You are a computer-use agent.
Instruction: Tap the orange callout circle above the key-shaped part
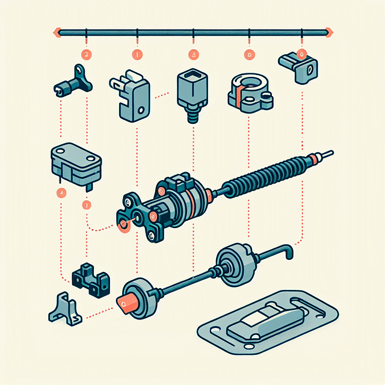click(87, 54)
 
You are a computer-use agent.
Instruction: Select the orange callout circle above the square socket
click(193, 55)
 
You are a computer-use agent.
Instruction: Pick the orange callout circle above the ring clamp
click(248, 55)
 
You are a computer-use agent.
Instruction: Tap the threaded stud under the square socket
click(193, 115)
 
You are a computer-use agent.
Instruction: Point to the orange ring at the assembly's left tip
click(124, 225)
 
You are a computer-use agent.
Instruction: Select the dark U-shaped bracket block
click(90, 279)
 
